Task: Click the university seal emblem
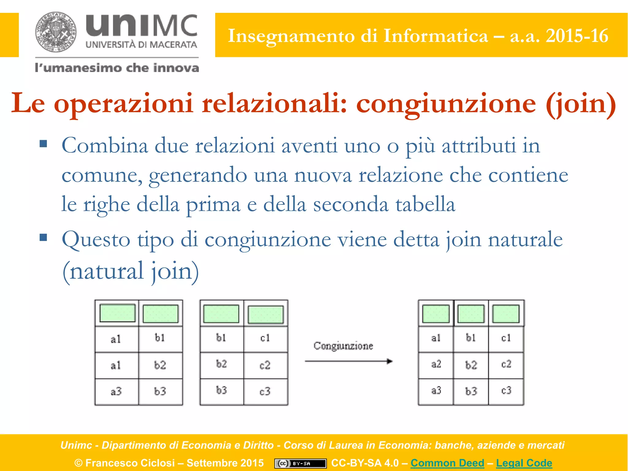(56, 32)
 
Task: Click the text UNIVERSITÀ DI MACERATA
(141, 45)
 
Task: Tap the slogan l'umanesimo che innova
(117, 68)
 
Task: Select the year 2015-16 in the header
(577, 36)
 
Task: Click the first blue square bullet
(43, 144)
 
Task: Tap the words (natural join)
(131, 271)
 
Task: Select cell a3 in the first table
(116, 392)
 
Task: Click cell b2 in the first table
(160, 365)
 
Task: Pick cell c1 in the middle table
(265, 338)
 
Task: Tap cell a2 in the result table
(436, 364)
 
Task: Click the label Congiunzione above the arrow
(343, 346)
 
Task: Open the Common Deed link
(447, 463)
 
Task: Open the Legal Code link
(524, 463)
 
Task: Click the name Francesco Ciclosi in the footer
(130, 463)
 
